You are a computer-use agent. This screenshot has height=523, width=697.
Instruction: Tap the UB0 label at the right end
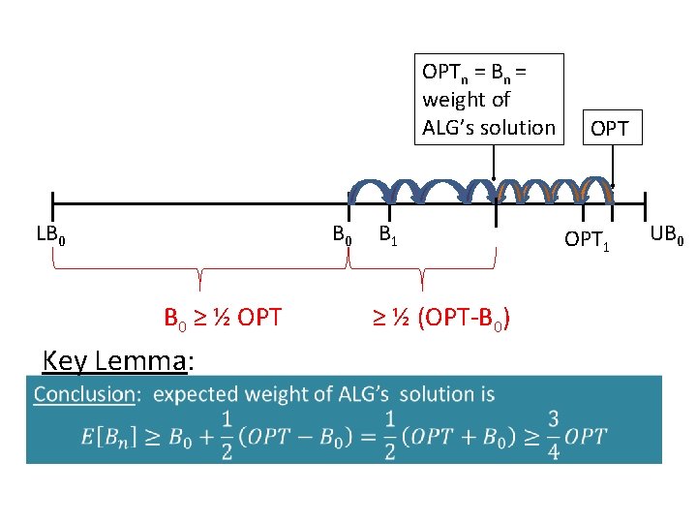pos(668,233)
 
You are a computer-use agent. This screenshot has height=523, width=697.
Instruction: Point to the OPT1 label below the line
pos(588,238)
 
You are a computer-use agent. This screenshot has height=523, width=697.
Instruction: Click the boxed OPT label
pos(610,128)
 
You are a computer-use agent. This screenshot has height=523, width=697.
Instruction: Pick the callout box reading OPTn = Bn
pos(489,99)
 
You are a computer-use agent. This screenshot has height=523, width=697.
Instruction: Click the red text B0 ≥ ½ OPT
pos(223,317)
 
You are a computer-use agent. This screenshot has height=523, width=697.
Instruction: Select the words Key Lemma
pos(115,361)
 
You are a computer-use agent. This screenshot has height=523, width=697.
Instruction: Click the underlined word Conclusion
pos(84,394)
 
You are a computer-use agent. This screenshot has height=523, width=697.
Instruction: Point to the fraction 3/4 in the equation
pos(553,435)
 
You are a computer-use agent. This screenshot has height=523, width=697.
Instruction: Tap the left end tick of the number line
pos(51,205)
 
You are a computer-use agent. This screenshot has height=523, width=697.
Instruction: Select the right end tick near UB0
pos(643,205)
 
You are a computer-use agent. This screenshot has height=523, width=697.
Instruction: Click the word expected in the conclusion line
pos(197,394)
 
